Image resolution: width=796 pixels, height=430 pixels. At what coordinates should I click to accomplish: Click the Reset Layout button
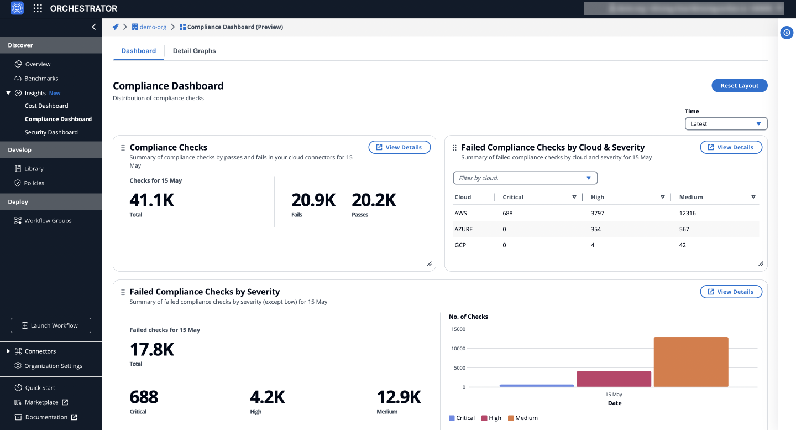(739, 86)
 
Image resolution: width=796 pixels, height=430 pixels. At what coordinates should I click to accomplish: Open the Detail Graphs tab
(194, 51)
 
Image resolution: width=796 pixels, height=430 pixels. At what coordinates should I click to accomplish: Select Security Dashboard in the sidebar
(51, 132)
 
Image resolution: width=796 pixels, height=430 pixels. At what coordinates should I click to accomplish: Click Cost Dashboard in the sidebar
(46, 106)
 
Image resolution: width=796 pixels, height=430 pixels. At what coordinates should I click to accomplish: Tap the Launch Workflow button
(51, 325)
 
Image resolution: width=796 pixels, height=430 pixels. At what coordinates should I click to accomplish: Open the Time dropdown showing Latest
(725, 124)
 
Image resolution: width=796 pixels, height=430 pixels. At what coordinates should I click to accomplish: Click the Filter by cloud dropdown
(525, 178)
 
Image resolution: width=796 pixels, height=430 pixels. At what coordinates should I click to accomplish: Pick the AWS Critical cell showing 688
(508, 213)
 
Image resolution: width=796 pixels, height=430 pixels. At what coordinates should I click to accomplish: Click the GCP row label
(460, 245)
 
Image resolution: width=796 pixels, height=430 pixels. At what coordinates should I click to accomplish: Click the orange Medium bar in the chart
(690, 362)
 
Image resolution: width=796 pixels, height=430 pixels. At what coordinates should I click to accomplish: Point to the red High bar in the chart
(614, 379)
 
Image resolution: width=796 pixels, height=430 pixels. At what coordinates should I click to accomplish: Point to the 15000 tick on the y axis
(458, 329)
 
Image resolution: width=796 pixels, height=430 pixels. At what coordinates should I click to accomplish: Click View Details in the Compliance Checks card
(399, 147)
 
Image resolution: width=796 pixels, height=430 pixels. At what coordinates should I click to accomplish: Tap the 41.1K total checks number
(151, 200)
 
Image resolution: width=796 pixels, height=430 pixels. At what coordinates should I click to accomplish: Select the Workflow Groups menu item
(48, 221)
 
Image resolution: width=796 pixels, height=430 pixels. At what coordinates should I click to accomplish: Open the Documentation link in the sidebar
(46, 417)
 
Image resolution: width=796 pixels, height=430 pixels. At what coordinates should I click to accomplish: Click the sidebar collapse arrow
(94, 27)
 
